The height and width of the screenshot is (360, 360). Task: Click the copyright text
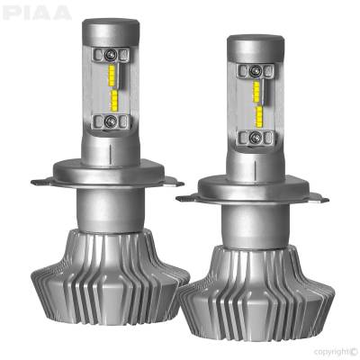tap(328, 350)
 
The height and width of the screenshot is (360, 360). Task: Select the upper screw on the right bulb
tap(256, 70)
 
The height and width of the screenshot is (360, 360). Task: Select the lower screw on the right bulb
tap(256, 137)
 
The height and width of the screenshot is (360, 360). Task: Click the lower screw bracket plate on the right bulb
tap(256, 138)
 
